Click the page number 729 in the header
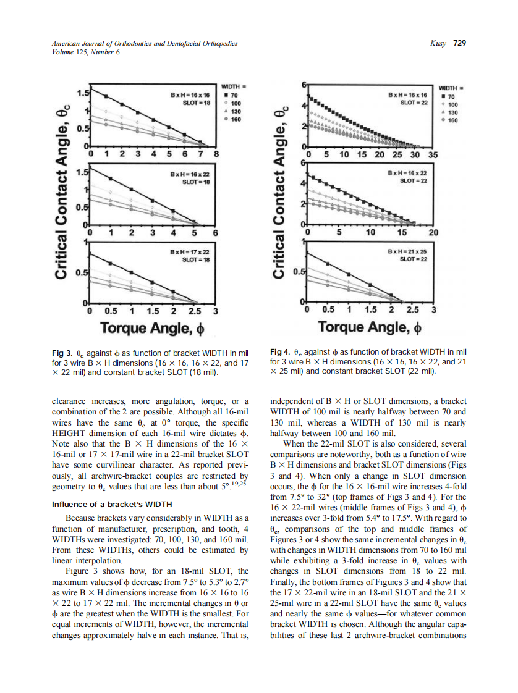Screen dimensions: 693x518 coord(459,43)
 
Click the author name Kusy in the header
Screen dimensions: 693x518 coord(438,43)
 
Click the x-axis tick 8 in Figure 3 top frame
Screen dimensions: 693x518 coord(216,154)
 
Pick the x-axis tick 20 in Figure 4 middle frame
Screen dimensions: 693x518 coord(433,233)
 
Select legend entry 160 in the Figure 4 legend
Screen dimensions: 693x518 coord(452,120)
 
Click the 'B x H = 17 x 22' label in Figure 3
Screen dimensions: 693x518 coord(192,252)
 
